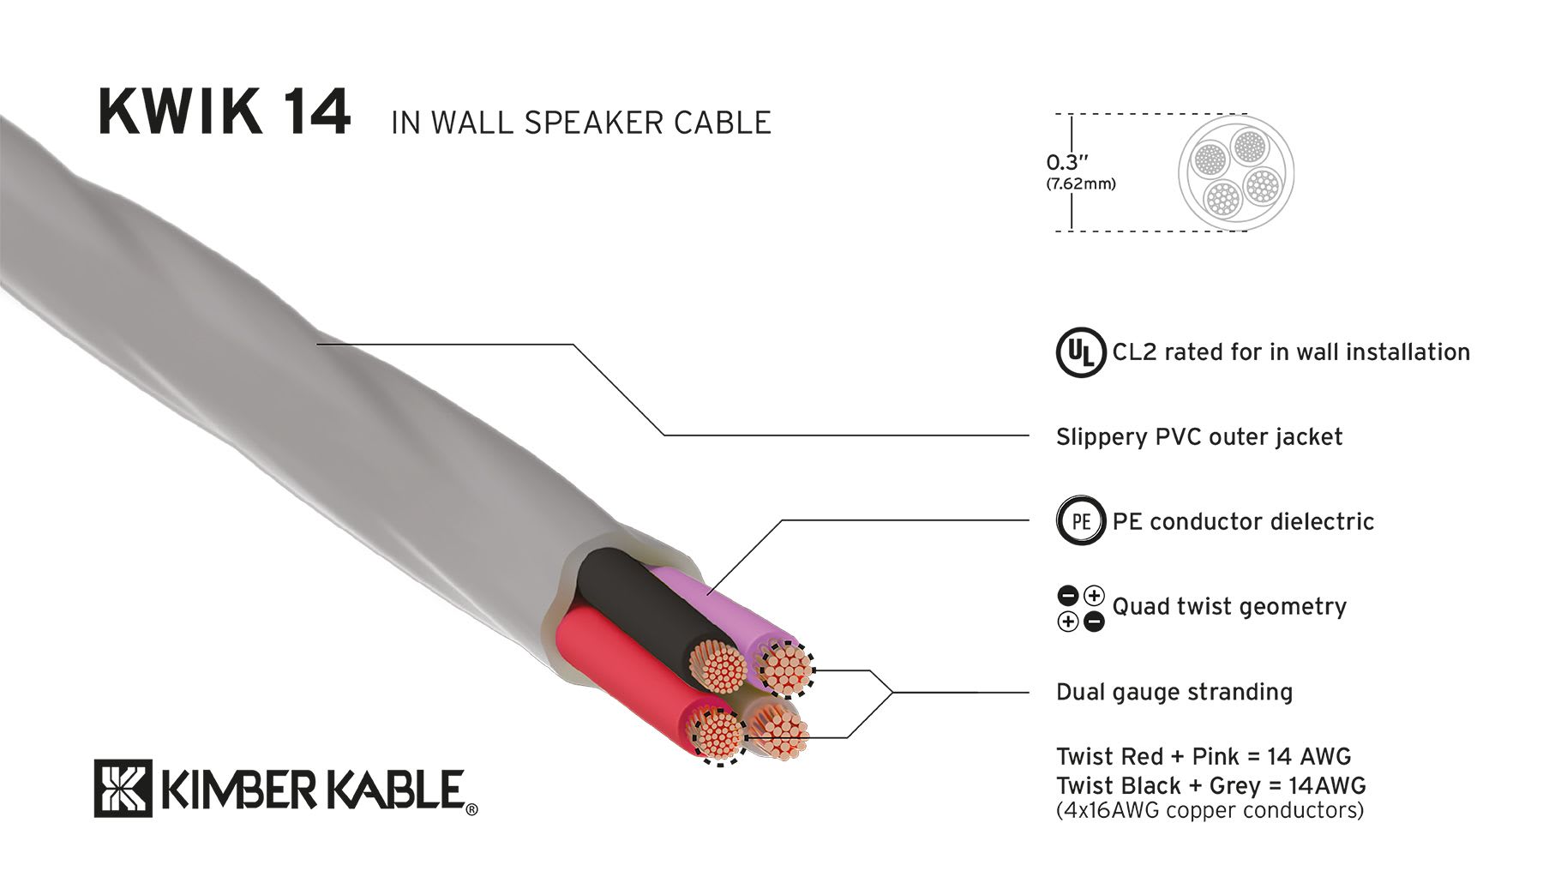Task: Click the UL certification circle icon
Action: (x=1079, y=352)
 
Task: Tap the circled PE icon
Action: (x=1080, y=521)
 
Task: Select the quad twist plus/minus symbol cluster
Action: (x=1081, y=608)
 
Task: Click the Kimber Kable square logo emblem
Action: (x=123, y=788)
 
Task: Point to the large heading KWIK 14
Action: (x=224, y=112)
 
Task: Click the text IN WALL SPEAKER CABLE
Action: (x=580, y=123)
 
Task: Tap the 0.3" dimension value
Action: (x=1066, y=162)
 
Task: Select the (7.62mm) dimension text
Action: (x=1080, y=183)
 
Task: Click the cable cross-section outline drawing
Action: (x=1235, y=172)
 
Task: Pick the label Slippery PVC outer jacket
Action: (x=1198, y=437)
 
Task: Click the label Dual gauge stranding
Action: (x=1174, y=692)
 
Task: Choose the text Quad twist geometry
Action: (x=1228, y=607)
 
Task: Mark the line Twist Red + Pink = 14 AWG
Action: (x=1203, y=756)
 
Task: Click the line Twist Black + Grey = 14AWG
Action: (x=1210, y=785)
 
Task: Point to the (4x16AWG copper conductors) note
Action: (x=1209, y=810)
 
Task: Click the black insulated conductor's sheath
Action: (x=634, y=600)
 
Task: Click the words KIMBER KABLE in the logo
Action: (x=312, y=790)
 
